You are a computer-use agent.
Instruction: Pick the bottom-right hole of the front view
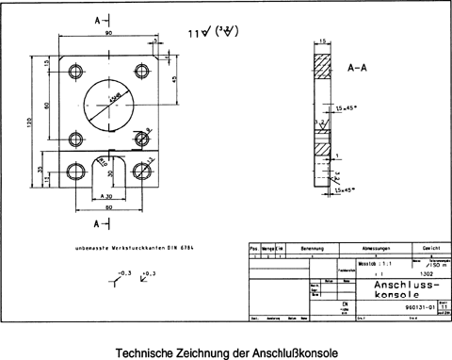click(141, 171)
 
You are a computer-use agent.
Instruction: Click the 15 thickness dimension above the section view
click(323, 41)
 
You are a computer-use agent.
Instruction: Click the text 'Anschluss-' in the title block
click(405, 284)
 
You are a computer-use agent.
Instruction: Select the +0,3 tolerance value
click(145, 272)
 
